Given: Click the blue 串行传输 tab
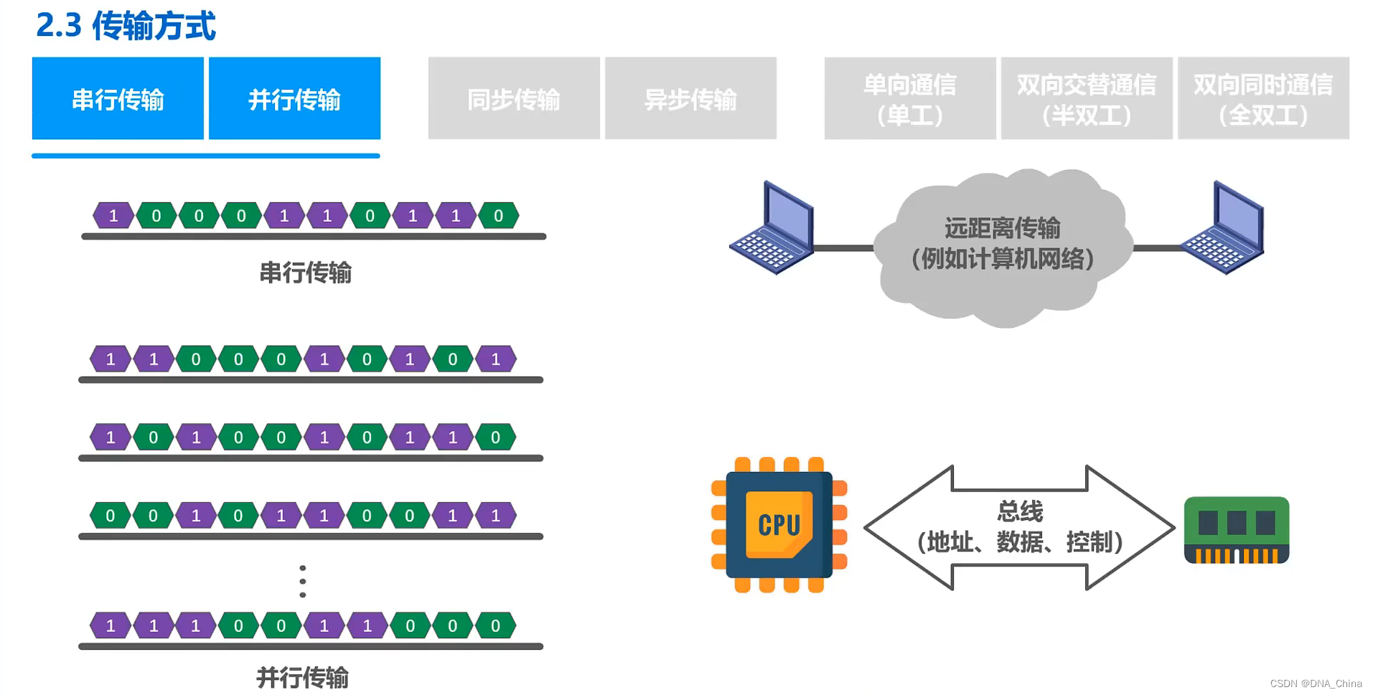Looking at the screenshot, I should (118, 99).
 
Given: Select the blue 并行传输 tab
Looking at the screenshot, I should (294, 99).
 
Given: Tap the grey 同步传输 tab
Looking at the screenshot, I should (514, 99).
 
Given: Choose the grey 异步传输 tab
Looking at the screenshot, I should (690, 99).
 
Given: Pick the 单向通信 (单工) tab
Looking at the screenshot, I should (909, 99).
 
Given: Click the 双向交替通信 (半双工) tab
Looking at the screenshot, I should (1086, 99).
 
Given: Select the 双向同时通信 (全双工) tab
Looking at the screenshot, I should (1262, 99).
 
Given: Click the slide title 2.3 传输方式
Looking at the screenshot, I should (126, 26).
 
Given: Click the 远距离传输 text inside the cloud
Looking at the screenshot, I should (1002, 228).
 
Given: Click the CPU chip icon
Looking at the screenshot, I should (779, 524).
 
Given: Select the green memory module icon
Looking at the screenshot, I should (1236, 530).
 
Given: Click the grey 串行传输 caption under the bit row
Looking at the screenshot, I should (305, 273).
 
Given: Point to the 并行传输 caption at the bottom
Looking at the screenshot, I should (302, 677).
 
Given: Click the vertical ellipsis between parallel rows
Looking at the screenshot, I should (303, 581).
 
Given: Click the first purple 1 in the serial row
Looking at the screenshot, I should (113, 216).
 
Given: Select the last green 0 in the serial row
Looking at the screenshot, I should (498, 216).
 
